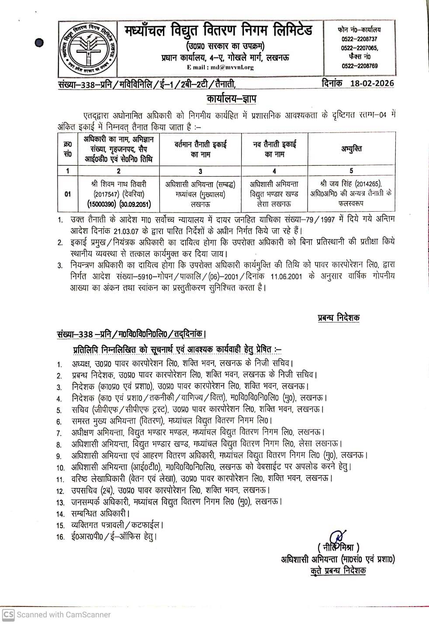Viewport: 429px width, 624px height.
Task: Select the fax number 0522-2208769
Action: coord(360,66)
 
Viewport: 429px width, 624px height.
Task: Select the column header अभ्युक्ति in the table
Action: coord(351,149)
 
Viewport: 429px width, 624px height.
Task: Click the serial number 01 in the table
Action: coord(67,194)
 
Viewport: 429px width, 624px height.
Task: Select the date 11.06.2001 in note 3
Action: coord(286,277)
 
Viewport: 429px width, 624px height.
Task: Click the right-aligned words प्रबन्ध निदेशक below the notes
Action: coord(339,318)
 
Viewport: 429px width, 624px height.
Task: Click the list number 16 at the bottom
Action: coord(60,537)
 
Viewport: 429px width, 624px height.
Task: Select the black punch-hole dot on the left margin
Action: coord(40,42)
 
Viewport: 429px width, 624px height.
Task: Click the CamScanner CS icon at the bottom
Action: coord(8,614)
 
